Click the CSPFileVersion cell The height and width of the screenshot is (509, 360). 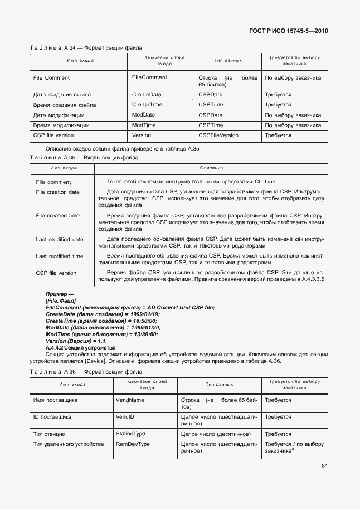pos(218,135)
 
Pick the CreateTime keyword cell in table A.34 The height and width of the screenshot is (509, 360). pos(147,105)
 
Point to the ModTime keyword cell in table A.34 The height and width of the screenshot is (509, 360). pos(144,125)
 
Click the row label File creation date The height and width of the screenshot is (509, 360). pos(57,192)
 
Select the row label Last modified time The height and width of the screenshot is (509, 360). pos(59,256)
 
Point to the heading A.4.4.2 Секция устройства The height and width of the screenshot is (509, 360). pos(80,347)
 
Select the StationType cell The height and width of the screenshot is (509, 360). pos(130,433)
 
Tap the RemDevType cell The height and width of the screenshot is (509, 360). pos(133,444)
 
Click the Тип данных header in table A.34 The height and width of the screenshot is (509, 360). pos(228,60)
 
